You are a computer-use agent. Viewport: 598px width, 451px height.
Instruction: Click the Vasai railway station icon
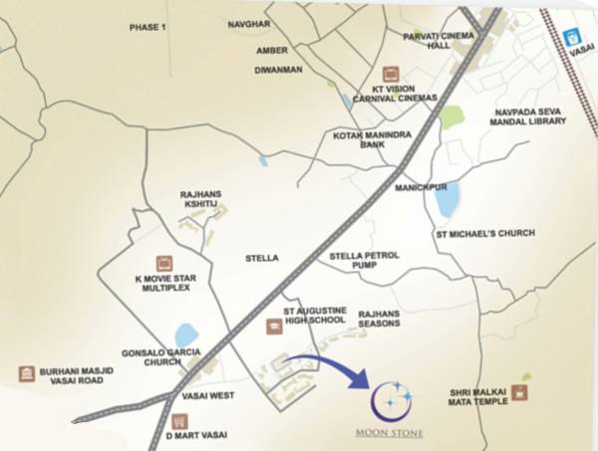click(x=572, y=38)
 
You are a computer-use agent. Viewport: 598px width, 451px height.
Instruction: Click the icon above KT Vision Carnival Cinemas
click(x=391, y=73)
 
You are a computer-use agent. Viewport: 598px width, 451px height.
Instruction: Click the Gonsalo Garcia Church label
click(x=160, y=357)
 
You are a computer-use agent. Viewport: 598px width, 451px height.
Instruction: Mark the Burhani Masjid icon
click(x=26, y=373)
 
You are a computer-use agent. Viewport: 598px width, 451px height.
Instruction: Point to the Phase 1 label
click(x=146, y=27)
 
